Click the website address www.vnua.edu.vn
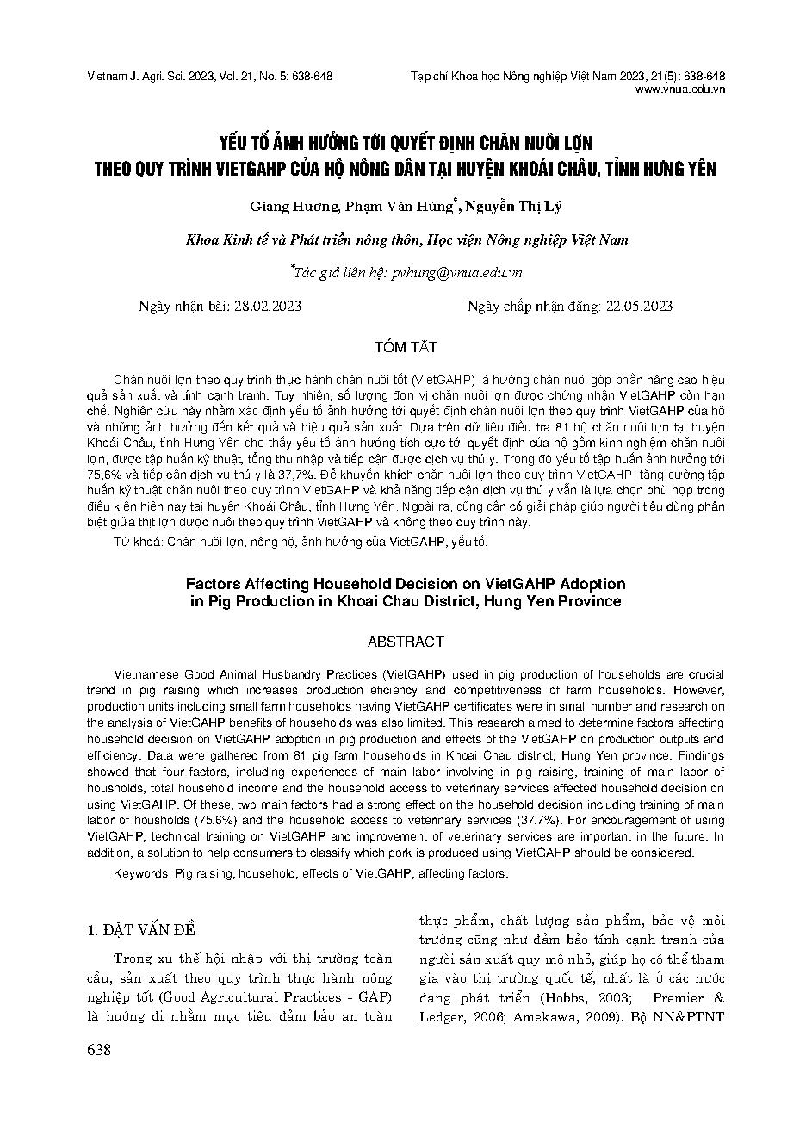679,89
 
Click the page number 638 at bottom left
99,1049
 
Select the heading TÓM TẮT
406,348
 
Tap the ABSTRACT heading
406,642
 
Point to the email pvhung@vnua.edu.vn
456,273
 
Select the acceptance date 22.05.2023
640,307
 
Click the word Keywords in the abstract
141,873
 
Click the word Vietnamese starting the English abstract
144,674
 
